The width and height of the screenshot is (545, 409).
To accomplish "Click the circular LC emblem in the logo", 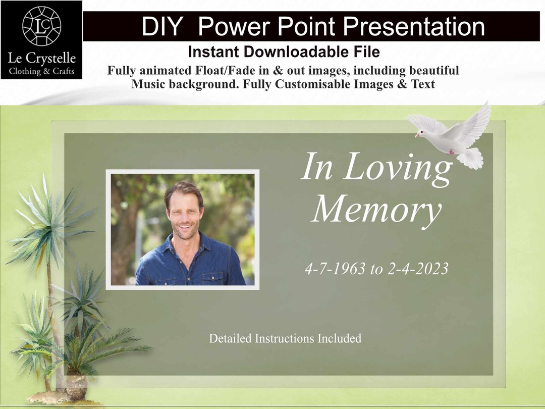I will (41, 26).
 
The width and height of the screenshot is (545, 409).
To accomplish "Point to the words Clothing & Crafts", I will (41, 71).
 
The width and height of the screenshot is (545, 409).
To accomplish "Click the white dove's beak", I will (417, 135).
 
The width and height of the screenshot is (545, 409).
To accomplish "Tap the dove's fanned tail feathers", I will (470, 158).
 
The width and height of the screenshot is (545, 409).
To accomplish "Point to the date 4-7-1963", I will (335, 269).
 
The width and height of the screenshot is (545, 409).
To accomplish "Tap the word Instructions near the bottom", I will (285, 338).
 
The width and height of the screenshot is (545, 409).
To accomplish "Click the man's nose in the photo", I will (184, 217).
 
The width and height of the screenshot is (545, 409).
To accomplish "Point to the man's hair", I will (184, 189).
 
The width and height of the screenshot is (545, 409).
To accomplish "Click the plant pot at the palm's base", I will (76, 387).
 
